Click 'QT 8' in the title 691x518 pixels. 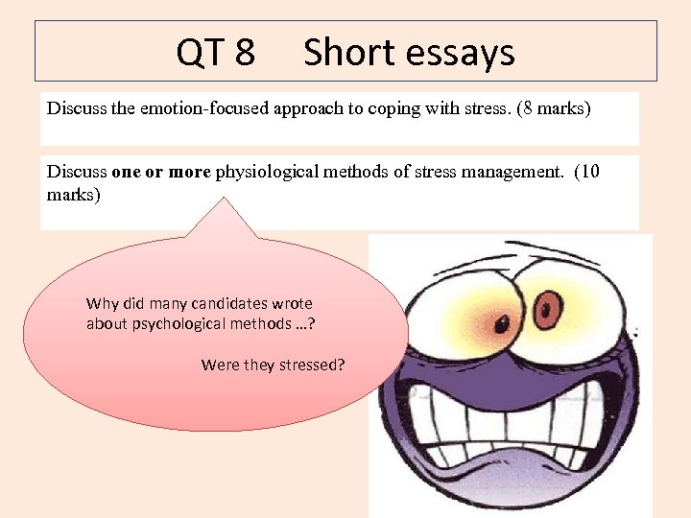(215, 53)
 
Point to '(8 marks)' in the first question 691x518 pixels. (554, 108)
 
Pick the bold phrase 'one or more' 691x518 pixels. (161, 173)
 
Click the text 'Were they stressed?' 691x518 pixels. (273, 365)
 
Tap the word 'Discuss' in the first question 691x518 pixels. (78, 108)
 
